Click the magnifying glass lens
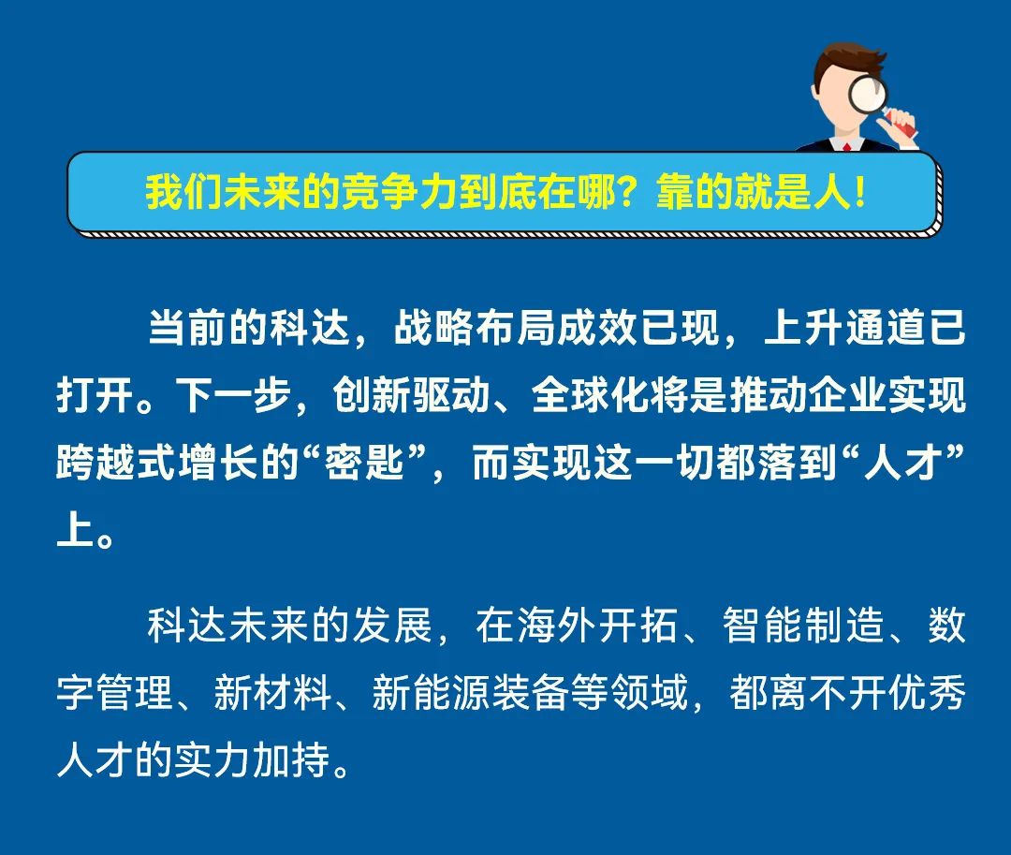867,95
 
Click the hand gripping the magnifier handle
901,125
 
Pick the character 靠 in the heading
674,192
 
